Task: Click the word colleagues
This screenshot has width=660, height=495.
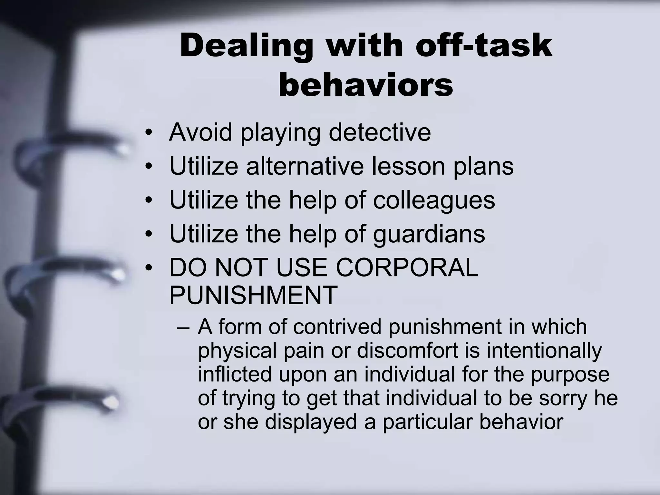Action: (x=434, y=200)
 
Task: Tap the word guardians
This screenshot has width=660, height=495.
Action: (x=429, y=234)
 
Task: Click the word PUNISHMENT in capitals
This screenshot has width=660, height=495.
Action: (x=253, y=295)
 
